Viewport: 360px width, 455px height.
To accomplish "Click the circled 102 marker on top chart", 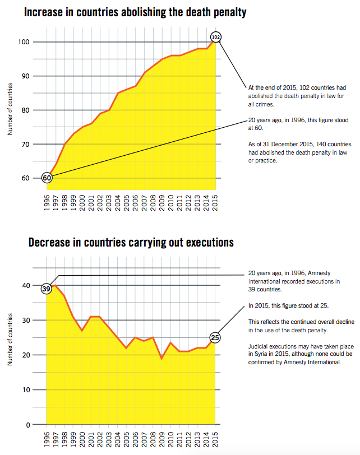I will (216, 37).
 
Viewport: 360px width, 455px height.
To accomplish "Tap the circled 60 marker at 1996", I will (47, 178).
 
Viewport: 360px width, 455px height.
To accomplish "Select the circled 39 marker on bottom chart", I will (47, 289).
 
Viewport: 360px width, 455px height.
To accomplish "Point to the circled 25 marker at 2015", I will (215, 337).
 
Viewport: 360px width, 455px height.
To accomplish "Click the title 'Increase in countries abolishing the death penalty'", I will (135, 11).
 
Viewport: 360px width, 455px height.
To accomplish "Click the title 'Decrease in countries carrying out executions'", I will (131, 243).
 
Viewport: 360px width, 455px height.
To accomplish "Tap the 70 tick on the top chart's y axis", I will (26, 144).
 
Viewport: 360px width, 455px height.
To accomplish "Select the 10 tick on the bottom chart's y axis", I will (26, 390).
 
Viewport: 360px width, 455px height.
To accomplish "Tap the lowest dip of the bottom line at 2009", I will (162, 357).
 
